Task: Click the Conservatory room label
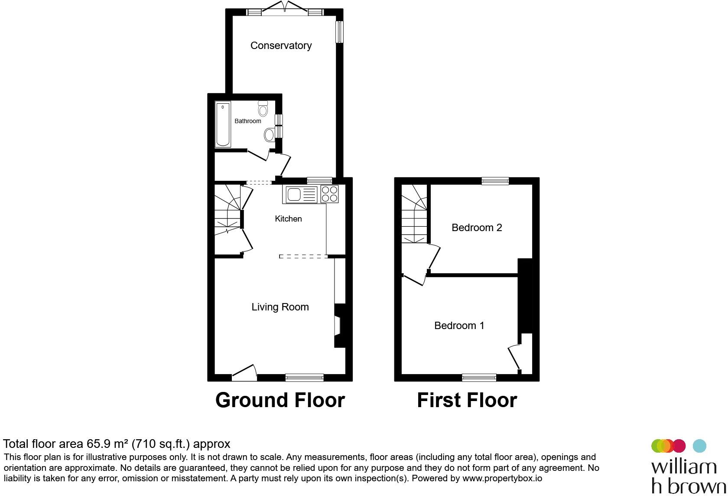[281, 46]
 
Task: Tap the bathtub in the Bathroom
[223, 124]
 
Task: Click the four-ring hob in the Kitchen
[329, 194]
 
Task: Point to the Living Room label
[280, 307]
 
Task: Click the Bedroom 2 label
[477, 228]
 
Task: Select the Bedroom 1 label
[459, 326]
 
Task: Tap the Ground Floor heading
[280, 400]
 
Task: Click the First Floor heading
[467, 400]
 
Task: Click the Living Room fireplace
[338, 326]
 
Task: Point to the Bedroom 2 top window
[495, 181]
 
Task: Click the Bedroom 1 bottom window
[479, 378]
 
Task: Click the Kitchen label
[288, 219]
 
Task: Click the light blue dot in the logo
[699, 446]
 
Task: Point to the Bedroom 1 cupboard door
[514, 356]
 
